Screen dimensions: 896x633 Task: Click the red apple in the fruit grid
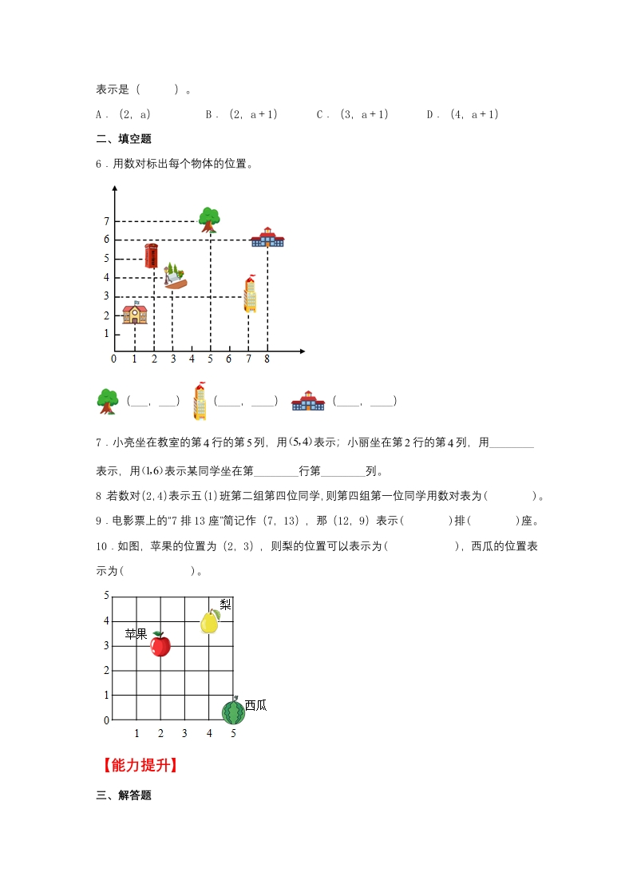pyautogui.click(x=160, y=644)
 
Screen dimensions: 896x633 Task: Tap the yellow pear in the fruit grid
pyautogui.click(x=209, y=621)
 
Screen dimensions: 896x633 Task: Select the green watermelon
pyautogui.click(x=233, y=711)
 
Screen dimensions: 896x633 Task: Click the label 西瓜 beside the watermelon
pyautogui.click(x=255, y=705)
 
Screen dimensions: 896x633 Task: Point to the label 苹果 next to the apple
pyautogui.click(x=136, y=634)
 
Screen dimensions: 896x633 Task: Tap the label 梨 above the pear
pyautogui.click(x=225, y=605)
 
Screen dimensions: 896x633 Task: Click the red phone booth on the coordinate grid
pyautogui.click(x=152, y=256)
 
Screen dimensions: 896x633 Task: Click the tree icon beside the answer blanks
pyautogui.click(x=107, y=401)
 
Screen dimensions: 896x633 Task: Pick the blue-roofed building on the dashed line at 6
pyautogui.click(x=267, y=237)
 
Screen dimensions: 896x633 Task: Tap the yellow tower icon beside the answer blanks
pyautogui.click(x=200, y=402)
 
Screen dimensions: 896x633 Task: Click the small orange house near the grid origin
pyautogui.click(x=135, y=313)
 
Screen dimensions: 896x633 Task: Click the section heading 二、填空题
pyautogui.click(x=124, y=139)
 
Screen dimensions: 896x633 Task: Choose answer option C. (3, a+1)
pyautogui.click(x=352, y=114)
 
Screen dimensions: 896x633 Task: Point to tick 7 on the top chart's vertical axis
pyautogui.click(x=105, y=221)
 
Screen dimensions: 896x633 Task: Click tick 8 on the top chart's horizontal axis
pyautogui.click(x=267, y=359)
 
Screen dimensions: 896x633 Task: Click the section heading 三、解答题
pyautogui.click(x=124, y=795)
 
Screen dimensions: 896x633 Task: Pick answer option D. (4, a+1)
pyautogui.click(x=463, y=114)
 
